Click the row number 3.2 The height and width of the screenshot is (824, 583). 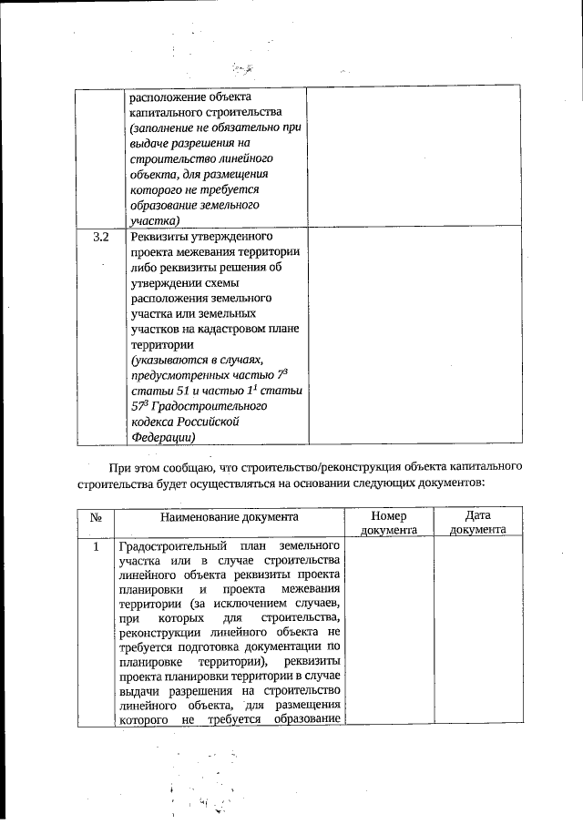tap(101, 237)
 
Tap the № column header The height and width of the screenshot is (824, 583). tap(96, 516)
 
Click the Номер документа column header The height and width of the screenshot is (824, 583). tap(389, 522)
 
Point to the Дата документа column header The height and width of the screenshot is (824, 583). tap(478, 522)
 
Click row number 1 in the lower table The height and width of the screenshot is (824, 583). tap(96, 547)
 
